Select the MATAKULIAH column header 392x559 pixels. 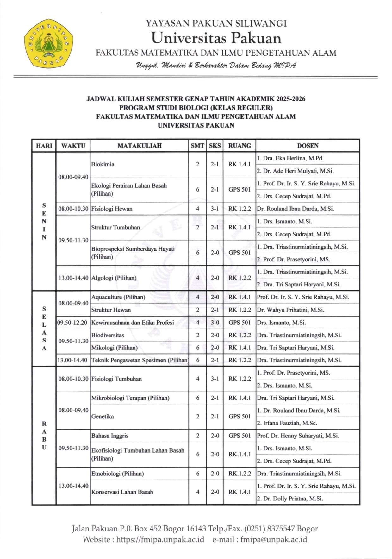click(x=140, y=146)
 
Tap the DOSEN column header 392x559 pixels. click(x=308, y=146)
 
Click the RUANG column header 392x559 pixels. click(x=240, y=146)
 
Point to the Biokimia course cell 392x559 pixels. click(x=103, y=164)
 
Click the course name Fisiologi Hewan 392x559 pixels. click(x=112, y=209)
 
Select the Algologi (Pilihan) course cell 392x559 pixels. click(x=114, y=278)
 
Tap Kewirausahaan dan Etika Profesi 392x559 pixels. click(x=133, y=323)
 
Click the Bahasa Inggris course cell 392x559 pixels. click(x=110, y=436)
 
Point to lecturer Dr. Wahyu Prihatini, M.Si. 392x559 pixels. click(x=290, y=310)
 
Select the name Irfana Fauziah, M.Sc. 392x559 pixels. click(x=290, y=423)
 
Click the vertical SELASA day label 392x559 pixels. click(x=44, y=329)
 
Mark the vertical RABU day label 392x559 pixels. click(x=44, y=436)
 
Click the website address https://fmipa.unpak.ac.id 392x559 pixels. click(x=160, y=539)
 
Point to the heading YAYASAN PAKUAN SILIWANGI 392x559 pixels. click(x=216, y=23)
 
